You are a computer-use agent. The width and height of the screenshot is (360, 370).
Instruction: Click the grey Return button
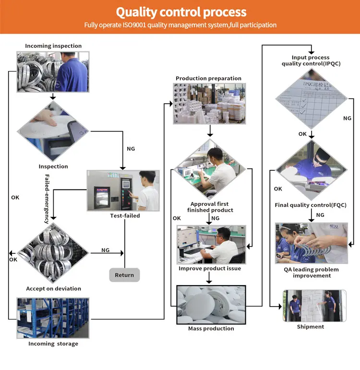[x=124, y=275]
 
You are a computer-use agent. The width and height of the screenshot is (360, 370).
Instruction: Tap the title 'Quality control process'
[x=181, y=12]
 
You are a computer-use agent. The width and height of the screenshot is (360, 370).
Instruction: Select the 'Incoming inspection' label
[x=53, y=46]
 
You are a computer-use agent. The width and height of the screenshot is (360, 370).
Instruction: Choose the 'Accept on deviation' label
[x=53, y=288]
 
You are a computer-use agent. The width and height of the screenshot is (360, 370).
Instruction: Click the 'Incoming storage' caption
[x=53, y=344]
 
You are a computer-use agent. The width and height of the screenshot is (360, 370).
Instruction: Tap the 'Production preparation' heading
[x=208, y=78]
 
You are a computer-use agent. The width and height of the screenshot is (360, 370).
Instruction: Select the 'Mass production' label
[x=211, y=329]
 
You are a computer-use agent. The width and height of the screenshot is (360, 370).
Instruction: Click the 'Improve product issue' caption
[x=210, y=268]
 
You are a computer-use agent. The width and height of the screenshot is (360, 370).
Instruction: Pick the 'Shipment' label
[x=310, y=327]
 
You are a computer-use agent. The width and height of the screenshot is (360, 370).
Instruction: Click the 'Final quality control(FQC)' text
[x=310, y=205]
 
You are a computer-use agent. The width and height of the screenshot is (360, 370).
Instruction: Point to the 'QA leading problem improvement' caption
[x=311, y=273]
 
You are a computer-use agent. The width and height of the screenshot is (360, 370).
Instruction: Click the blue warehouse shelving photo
[x=53, y=318]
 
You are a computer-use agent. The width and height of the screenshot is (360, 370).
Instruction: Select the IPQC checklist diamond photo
[x=311, y=99]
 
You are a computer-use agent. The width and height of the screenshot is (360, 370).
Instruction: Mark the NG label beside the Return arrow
[x=106, y=250]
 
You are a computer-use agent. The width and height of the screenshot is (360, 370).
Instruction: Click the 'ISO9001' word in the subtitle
[x=127, y=25]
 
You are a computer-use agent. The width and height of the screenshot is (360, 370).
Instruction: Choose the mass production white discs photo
[x=211, y=304]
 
